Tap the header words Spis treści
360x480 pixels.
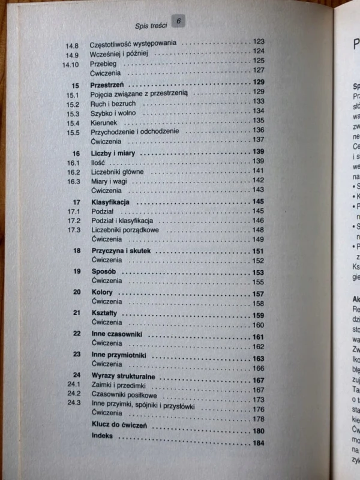pos(151,25)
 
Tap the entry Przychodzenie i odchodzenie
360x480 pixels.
pos(138,131)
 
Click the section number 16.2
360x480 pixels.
pos(73,172)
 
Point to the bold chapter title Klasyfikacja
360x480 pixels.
pos(110,202)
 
